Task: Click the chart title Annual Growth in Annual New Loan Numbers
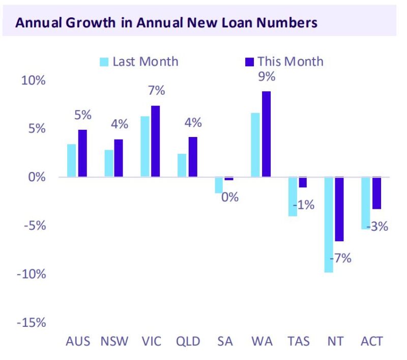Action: point(166,23)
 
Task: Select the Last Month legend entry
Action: point(139,62)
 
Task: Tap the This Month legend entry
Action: point(284,62)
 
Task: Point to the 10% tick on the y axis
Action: point(33,81)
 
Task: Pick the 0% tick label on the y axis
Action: point(36,178)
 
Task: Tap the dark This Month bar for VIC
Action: point(155,142)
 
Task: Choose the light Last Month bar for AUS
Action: point(71,160)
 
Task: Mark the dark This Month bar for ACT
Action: point(376,193)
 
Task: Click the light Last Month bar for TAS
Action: point(293,197)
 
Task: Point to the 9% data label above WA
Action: point(266,77)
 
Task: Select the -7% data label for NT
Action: point(342,258)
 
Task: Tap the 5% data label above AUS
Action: point(82,116)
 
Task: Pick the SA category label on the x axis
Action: point(225,341)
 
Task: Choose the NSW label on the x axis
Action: point(115,341)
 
